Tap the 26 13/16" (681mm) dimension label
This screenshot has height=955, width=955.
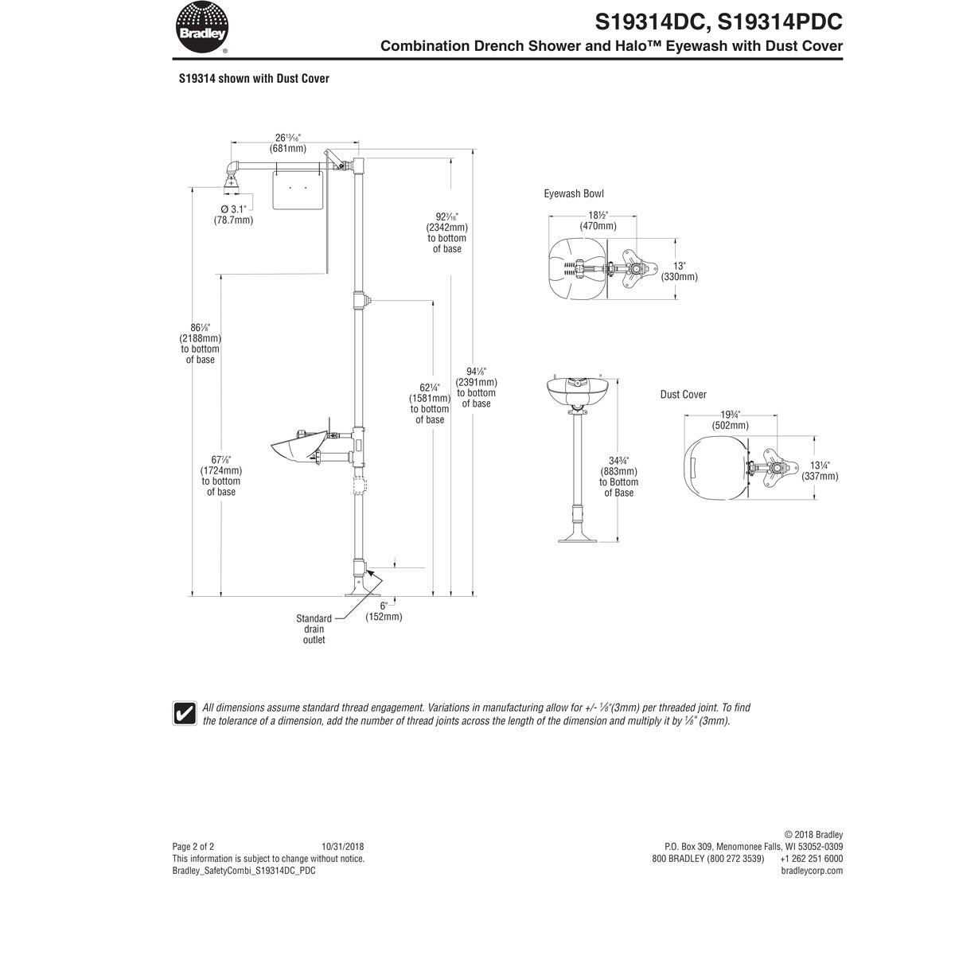click(x=287, y=143)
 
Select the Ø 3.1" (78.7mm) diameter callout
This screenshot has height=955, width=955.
click(x=232, y=214)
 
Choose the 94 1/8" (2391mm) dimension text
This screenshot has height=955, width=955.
click(x=476, y=387)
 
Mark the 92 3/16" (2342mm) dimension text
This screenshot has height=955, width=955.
click(x=447, y=232)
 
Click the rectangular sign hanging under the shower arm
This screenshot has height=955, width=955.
click(x=298, y=189)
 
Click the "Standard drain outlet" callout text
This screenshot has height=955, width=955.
click(x=314, y=629)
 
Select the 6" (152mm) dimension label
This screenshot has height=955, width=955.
click(x=384, y=611)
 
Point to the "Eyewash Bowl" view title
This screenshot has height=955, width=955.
click(x=574, y=193)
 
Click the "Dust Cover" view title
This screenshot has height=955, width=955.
click(x=683, y=395)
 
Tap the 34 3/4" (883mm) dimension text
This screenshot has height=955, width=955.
click(x=618, y=476)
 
